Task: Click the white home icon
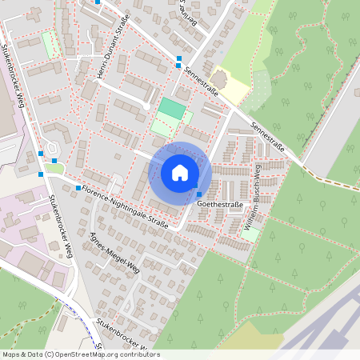pos(180,173)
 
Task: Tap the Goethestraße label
pos(220,205)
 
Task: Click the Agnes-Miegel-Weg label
pos(117,253)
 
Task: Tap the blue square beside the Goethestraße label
pos(198,194)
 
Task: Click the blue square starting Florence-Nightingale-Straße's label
pos(78,188)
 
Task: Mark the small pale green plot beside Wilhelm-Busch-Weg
pos(250,235)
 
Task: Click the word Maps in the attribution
pos(11,354)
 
